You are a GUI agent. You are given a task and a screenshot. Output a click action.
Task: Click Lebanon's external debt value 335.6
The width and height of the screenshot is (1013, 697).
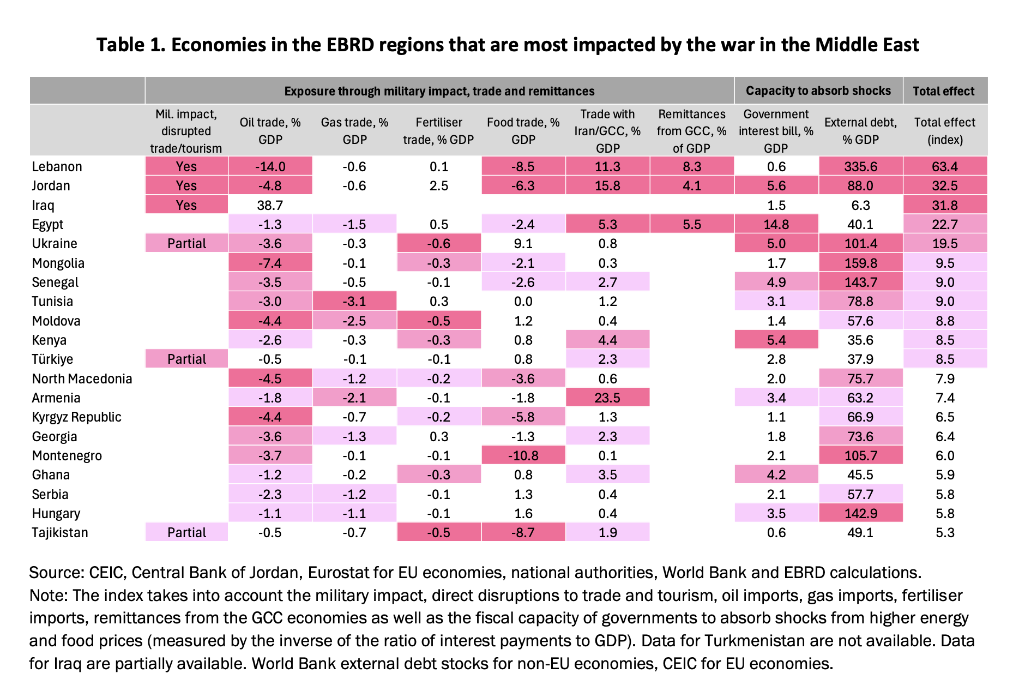pos(860,166)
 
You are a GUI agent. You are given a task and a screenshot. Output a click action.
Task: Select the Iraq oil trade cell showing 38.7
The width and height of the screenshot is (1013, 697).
pos(270,205)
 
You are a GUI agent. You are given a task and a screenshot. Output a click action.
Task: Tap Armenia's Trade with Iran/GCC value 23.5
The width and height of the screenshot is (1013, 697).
pos(607,398)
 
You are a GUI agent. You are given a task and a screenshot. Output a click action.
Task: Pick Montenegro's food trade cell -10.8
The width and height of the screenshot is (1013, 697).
pos(523,455)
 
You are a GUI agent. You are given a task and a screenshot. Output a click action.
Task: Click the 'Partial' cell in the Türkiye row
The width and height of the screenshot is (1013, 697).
pos(186,359)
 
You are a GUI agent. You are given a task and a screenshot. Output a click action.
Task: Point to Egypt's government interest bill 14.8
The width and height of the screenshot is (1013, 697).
pos(776,224)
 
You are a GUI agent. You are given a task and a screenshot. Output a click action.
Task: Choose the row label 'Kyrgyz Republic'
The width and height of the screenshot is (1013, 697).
pos(76,417)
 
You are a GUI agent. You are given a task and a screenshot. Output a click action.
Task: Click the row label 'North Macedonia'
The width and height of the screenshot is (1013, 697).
pos(82,378)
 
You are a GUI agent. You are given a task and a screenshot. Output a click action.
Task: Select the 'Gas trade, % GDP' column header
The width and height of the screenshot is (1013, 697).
pos(354,131)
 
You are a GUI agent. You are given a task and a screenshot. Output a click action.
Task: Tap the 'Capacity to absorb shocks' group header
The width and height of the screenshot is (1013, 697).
pos(818,91)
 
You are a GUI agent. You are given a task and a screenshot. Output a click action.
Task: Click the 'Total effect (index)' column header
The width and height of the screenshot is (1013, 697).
pos(945,131)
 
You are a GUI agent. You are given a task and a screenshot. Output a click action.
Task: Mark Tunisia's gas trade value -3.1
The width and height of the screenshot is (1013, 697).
pos(354,301)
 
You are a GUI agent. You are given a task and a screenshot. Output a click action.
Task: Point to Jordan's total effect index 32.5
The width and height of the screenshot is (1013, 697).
pos(945,185)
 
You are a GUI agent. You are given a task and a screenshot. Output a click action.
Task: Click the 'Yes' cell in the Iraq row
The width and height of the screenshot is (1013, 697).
pos(186,205)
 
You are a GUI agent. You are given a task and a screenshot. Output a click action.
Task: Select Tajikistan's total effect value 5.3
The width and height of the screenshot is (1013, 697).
pos(945,532)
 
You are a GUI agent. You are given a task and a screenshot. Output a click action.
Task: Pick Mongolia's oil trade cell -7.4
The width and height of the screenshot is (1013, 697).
pos(270,263)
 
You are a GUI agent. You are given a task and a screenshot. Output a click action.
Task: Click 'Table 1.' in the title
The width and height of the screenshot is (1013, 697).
pos(131,44)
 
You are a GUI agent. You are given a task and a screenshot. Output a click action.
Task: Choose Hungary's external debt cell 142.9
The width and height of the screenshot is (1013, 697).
pos(860,513)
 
